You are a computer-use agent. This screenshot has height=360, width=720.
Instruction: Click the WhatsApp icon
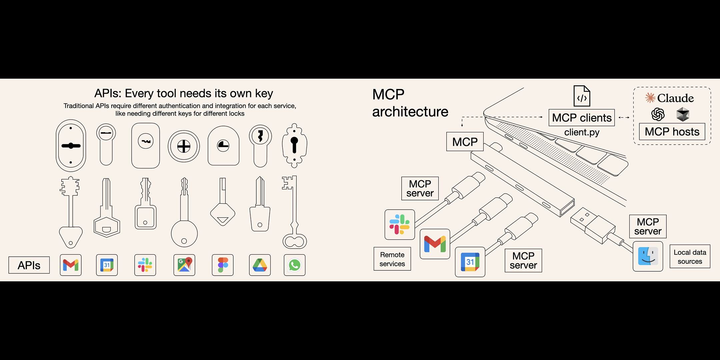pos(295,265)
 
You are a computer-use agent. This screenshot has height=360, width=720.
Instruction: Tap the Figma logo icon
pos(223,265)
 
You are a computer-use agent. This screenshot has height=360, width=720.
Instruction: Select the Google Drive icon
pos(260,265)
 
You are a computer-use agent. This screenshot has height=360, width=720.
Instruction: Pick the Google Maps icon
pos(184,265)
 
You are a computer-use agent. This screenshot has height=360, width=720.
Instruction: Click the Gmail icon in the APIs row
pos(71,265)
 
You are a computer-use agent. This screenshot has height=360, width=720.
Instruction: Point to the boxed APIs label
pos(29,265)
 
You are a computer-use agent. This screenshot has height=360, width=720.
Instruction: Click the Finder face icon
pos(648,256)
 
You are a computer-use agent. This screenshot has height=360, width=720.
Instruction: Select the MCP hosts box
pos(672,132)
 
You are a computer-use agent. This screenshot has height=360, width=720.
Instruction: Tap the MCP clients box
pos(582,118)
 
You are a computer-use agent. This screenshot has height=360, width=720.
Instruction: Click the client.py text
pos(582,132)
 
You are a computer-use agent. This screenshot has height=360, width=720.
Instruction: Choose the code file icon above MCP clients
pos(582,96)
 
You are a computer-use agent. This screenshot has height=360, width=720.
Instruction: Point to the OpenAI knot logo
pos(658,115)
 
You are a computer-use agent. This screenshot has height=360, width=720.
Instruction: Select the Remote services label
pos(392,259)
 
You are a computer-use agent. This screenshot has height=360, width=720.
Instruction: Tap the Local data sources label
pos(690,257)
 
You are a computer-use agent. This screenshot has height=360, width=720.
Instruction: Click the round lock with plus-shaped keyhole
pos(184,146)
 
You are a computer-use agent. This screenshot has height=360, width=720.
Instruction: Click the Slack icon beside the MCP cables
pos(400,225)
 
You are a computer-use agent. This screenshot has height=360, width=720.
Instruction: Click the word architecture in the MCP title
pos(410,112)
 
